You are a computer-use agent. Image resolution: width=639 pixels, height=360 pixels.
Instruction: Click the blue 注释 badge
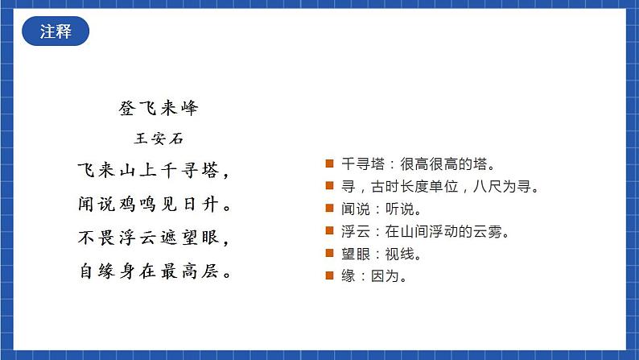coord(55,32)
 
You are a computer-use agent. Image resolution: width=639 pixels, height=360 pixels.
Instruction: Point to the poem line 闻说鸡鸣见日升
coord(153,205)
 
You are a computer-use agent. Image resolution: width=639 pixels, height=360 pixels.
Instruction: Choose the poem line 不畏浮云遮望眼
coord(153,238)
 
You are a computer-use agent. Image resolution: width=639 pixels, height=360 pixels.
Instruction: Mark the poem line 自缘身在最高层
coord(153,271)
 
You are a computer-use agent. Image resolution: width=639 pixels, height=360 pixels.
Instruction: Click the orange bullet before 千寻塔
coord(329,164)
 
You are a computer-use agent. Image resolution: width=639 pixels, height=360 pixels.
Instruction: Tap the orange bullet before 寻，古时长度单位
coord(329,187)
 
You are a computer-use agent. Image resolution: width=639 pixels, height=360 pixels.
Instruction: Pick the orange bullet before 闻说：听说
coord(329,209)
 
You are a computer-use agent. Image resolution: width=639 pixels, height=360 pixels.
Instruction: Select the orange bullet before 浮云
coord(329,232)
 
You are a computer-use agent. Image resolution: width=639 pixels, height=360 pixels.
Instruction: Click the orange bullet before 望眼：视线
coord(329,254)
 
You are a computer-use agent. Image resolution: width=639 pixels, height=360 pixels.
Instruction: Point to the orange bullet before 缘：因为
coord(329,277)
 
